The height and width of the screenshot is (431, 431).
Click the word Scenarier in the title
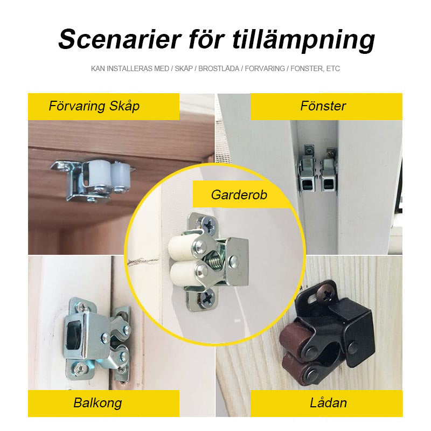pos(120,39)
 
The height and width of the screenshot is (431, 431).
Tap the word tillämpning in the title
pos(303,40)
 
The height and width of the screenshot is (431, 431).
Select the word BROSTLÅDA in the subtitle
pos(219,68)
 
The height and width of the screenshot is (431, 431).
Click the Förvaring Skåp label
pos(94,106)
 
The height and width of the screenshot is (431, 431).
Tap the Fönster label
pos(323,106)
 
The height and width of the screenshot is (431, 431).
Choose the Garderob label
pos(239,194)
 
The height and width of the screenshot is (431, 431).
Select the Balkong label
pos(98,403)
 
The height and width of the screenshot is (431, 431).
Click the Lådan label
pos(328,403)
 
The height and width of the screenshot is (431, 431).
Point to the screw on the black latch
pos(325,295)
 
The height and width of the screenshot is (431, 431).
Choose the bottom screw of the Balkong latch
pos(81,367)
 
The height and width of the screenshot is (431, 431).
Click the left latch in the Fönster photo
pos(307,170)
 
